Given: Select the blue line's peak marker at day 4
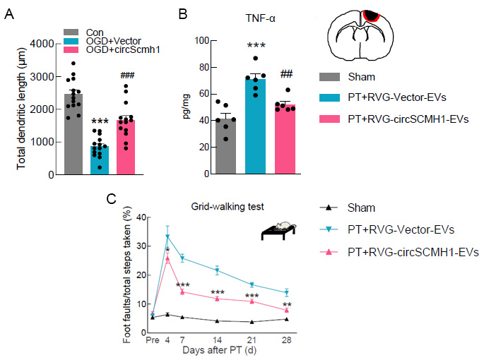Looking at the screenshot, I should click(x=167, y=236).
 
